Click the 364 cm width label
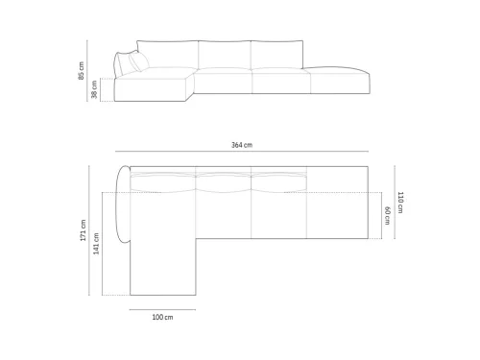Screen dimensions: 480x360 click(242, 145)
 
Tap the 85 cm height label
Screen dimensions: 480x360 click(82, 70)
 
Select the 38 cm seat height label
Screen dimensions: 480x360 click(94, 89)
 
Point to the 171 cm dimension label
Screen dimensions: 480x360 click(84, 230)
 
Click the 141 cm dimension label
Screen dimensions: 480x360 click(96, 244)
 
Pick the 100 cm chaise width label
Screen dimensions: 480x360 click(162, 317)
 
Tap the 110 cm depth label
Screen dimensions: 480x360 click(400, 203)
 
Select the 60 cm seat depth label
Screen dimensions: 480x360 click(387, 215)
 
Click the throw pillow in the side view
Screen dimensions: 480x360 click(138, 60)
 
